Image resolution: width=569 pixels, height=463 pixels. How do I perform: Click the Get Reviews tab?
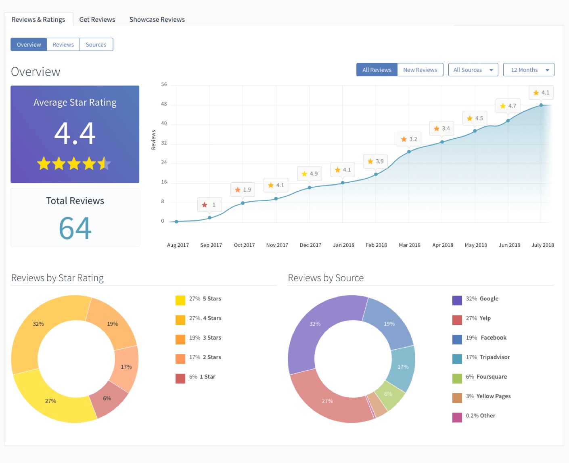pyautogui.click(x=97, y=19)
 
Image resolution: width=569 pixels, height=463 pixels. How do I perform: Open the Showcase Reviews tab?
pyautogui.click(x=157, y=19)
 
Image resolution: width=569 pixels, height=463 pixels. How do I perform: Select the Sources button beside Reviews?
pyautogui.click(x=96, y=45)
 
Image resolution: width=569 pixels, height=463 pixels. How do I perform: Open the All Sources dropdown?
pyautogui.click(x=473, y=70)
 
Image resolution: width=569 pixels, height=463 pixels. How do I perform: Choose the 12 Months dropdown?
pyautogui.click(x=528, y=70)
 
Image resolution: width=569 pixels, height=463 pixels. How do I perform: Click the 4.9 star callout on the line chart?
pyautogui.click(x=310, y=174)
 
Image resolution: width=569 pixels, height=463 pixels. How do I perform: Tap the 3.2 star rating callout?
pyautogui.click(x=409, y=139)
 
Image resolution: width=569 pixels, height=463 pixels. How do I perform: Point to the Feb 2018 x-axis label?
pyautogui.click(x=376, y=245)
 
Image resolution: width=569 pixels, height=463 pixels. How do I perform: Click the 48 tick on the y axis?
pyautogui.click(x=164, y=104)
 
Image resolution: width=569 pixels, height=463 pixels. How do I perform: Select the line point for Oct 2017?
pyautogui.click(x=243, y=203)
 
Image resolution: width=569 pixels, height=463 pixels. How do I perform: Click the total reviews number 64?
pyautogui.click(x=75, y=228)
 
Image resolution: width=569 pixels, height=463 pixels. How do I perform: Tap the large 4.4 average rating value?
pyautogui.click(x=75, y=133)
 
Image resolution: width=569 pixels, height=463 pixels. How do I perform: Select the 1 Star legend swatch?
pyautogui.click(x=180, y=378)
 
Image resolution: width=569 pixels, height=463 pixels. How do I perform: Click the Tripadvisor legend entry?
pyautogui.click(x=487, y=357)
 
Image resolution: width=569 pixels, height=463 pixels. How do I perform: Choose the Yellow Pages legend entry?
pyautogui.click(x=493, y=396)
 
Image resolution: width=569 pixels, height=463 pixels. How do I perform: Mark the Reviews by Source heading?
pyautogui.click(x=326, y=278)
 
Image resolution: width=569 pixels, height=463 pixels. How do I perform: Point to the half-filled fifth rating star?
pyautogui.click(x=104, y=163)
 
